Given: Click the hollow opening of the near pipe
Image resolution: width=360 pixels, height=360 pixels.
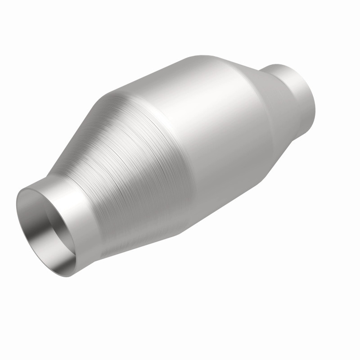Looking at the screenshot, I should (x=45, y=229).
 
